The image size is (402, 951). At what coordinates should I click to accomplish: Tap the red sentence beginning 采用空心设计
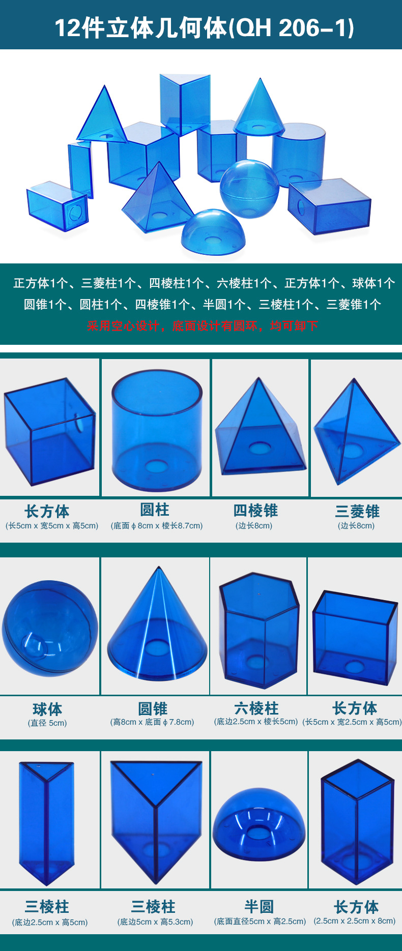click(202, 326)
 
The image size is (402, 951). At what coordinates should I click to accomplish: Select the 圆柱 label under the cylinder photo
click(155, 510)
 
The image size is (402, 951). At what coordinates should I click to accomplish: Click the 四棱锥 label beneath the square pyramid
click(255, 511)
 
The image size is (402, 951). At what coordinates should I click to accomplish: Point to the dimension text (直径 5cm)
click(47, 723)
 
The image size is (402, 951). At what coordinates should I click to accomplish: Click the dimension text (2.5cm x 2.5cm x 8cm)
click(355, 920)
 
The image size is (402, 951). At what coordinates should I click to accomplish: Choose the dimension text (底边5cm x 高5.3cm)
click(155, 922)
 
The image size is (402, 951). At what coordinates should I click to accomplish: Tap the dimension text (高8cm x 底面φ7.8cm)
click(152, 722)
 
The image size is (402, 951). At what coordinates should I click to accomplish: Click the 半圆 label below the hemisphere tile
click(259, 906)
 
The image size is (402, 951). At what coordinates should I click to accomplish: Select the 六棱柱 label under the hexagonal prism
click(256, 708)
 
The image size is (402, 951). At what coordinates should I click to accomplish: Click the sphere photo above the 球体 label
click(50, 629)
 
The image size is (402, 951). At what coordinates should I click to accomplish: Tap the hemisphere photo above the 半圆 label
click(259, 824)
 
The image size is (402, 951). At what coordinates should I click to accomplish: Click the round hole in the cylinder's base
click(156, 466)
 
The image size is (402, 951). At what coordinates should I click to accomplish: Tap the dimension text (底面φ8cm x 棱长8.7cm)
click(157, 525)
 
